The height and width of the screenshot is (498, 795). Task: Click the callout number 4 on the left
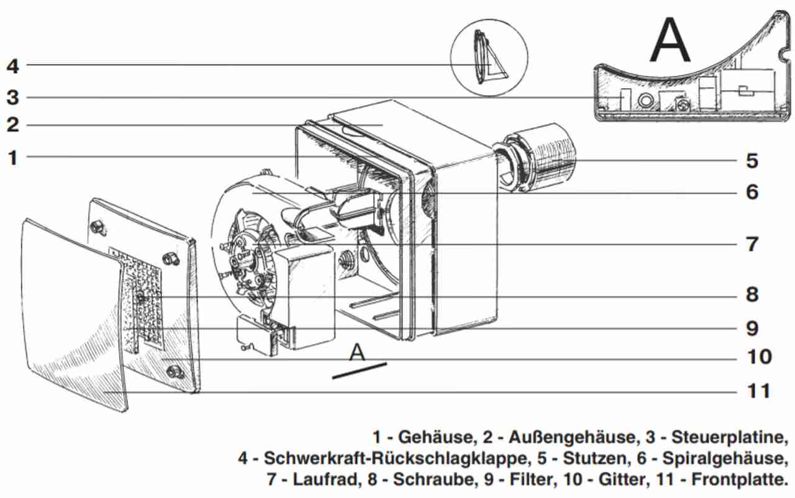[13, 65]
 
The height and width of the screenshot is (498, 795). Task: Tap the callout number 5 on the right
[752, 161]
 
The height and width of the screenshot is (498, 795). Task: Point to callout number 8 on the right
[752, 294]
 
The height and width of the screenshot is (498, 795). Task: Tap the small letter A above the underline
[357, 352]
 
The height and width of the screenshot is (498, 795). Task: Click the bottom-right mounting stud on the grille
[175, 371]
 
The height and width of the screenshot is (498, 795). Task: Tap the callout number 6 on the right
[752, 192]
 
